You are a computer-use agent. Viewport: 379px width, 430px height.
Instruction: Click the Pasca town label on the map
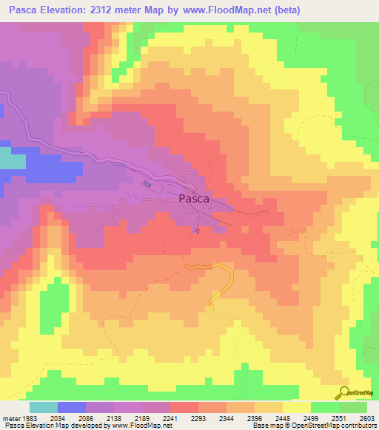[x=194, y=199]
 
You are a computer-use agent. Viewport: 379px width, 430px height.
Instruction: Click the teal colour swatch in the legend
[x=44, y=407]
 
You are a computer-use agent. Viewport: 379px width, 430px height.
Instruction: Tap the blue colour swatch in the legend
[x=72, y=407]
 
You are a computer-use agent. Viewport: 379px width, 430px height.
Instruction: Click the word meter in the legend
[x=9, y=417]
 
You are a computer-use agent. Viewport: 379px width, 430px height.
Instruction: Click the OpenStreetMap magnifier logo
[x=345, y=392]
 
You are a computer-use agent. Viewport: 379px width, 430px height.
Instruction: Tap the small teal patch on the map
[x=10, y=160]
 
